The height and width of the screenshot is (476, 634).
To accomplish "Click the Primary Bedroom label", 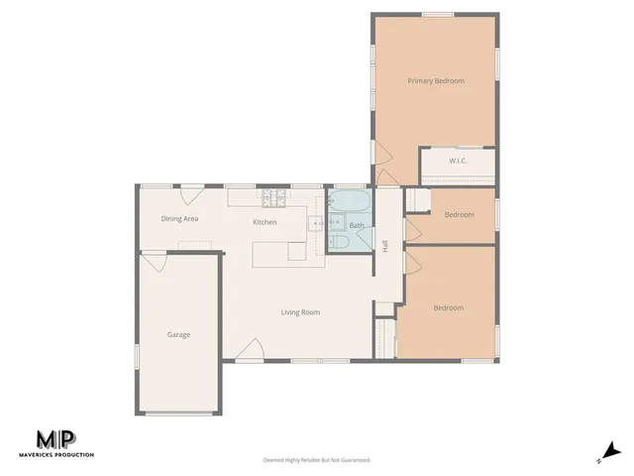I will tap(436, 80).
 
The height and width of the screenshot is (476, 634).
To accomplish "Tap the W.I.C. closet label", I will tap(457, 161).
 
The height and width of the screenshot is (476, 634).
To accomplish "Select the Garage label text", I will tap(178, 334).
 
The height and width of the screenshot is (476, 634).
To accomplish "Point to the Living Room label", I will tap(300, 312).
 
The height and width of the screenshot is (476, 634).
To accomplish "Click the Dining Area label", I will tap(181, 218).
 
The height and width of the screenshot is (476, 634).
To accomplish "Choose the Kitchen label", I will tap(264, 222).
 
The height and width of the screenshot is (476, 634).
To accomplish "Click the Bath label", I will tap(357, 225).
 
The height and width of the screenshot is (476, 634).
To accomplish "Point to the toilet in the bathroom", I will tap(337, 243).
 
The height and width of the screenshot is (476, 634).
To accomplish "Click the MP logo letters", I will tap(57, 439).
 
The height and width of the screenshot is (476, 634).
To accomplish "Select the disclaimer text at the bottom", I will tap(316, 460).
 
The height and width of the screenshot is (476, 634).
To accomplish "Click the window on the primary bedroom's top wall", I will tap(438, 14).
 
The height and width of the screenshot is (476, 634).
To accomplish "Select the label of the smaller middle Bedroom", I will tap(459, 215).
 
